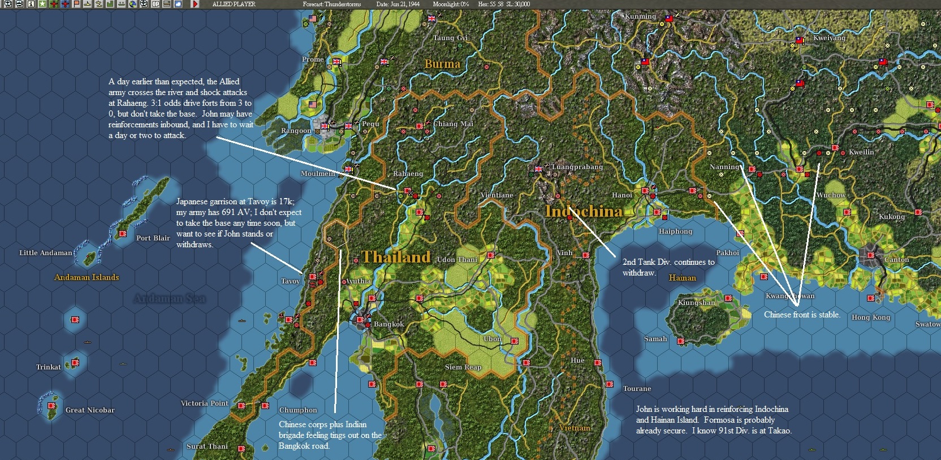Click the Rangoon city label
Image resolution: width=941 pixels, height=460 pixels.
(x=296, y=131)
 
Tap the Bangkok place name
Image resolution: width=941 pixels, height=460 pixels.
(x=389, y=324)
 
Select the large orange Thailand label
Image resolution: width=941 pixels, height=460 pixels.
(x=396, y=257)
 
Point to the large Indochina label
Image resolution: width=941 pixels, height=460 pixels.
(x=584, y=211)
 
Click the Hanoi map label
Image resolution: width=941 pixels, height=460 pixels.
(x=621, y=195)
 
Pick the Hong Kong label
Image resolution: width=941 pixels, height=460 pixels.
(x=870, y=317)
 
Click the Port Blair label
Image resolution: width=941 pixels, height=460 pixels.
(x=153, y=238)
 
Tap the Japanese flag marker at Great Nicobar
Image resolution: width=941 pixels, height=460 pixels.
(x=52, y=406)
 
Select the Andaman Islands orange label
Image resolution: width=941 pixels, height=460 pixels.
(x=87, y=277)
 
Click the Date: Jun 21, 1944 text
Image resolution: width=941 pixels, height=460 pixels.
(x=398, y=4)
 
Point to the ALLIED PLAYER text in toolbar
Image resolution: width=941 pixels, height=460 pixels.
(x=234, y=4)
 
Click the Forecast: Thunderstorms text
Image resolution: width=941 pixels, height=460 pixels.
(x=331, y=4)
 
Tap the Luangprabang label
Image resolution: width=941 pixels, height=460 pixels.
(x=577, y=167)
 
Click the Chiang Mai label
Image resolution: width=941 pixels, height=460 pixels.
(x=453, y=124)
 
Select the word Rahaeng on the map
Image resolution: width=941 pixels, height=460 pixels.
(x=408, y=174)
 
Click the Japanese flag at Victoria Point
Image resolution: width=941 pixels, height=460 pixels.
(x=241, y=406)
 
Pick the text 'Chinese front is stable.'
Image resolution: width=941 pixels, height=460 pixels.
(x=801, y=315)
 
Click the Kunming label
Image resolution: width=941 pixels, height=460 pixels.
(x=640, y=16)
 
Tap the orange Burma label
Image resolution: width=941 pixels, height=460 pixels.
(x=442, y=64)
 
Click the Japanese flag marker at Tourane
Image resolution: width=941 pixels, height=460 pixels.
(x=610, y=384)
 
